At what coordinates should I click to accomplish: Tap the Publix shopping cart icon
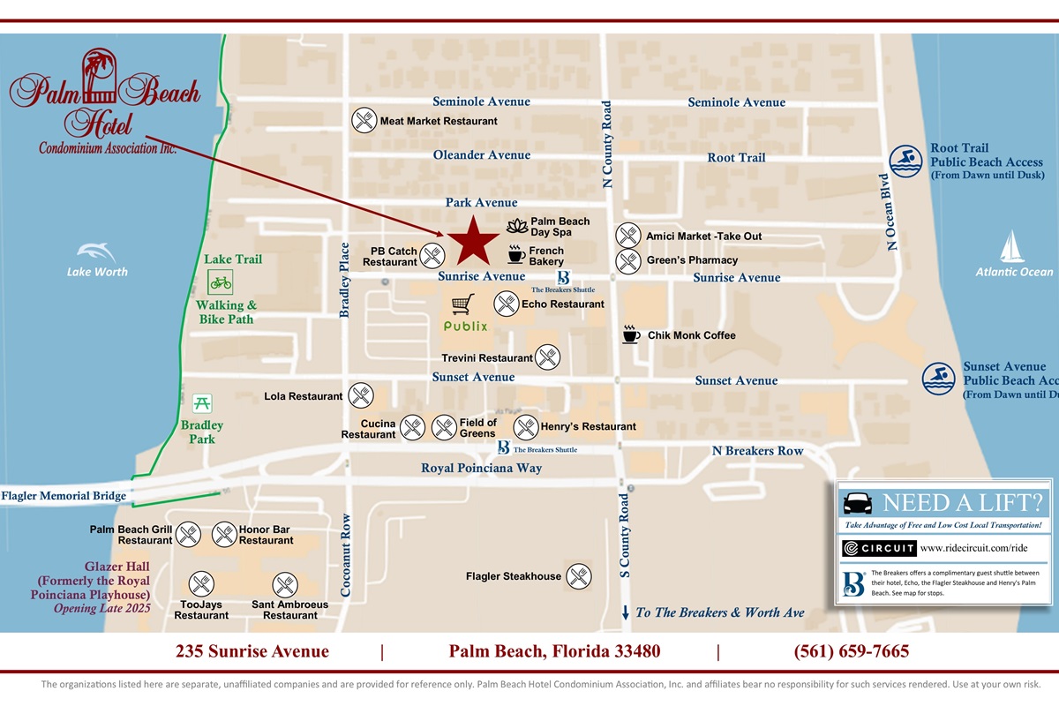[x=463, y=304]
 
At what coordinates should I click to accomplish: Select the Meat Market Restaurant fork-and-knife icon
[x=364, y=120]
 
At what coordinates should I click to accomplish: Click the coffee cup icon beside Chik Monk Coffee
[x=631, y=334]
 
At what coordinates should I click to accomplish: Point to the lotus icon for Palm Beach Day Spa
[x=517, y=226]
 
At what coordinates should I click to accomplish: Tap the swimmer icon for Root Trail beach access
[x=905, y=161]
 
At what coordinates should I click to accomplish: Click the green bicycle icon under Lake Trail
[x=220, y=282]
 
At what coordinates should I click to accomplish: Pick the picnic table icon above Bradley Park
[x=202, y=403]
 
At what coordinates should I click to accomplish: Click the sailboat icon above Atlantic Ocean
[x=1013, y=247]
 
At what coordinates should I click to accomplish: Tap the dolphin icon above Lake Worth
[x=96, y=252]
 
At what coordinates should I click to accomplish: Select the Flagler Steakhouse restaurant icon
[x=578, y=576]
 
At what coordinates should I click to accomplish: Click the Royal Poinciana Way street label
[x=481, y=468]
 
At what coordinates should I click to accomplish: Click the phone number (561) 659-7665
[x=852, y=652]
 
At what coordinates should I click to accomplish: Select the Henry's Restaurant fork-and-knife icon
[x=526, y=427]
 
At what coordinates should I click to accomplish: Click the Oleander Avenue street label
[x=481, y=155]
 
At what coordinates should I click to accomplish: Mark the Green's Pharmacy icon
[x=627, y=260]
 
